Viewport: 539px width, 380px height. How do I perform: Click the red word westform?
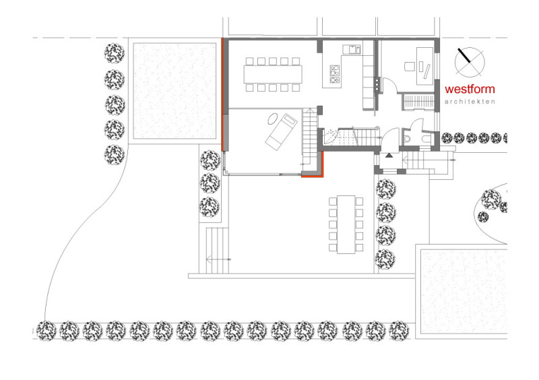pos(470,89)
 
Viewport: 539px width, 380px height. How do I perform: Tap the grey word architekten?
pos(470,102)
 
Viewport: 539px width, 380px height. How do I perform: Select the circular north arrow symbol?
pos(470,62)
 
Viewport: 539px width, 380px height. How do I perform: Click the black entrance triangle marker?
pos(389,156)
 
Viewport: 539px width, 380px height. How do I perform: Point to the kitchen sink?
pos(351,49)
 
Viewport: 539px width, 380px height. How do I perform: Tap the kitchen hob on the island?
pos(334,74)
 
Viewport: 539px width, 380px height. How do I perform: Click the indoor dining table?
pos(273,74)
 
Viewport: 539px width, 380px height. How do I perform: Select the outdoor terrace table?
pos(346,224)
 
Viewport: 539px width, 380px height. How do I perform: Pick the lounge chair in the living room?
pos(281,131)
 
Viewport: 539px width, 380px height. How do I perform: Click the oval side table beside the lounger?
pos(274,119)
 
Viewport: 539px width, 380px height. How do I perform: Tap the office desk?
pos(424,66)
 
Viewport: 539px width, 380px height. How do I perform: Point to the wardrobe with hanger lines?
pos(418,102)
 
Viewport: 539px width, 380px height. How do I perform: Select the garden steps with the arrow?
pos(217,251)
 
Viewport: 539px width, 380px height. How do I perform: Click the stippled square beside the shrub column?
pos(175,91)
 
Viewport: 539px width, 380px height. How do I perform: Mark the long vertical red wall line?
pos(222,94)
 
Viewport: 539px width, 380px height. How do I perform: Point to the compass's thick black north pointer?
pos(464,55)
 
